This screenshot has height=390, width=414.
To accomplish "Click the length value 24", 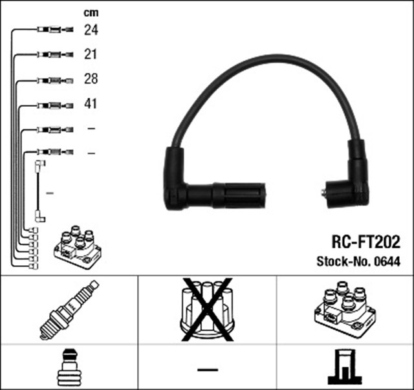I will [x=91, y=30].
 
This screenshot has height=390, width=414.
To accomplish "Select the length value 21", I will [x=91, y=54].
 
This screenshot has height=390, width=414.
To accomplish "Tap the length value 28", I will [x=91, y=80].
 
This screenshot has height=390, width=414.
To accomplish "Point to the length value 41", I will [x=91, y=104].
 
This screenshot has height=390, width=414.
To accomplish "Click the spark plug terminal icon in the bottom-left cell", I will [x=69, y=367].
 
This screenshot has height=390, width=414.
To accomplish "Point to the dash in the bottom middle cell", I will [x=207, y=369].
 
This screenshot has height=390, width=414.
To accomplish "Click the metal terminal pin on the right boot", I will [x=323, y=191].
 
